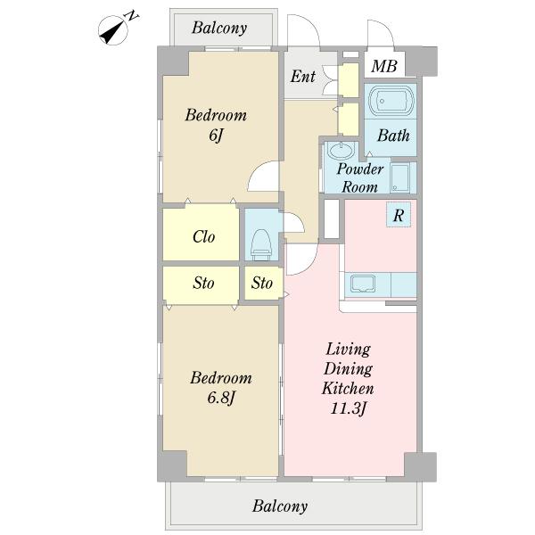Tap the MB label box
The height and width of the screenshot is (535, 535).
(384, 64)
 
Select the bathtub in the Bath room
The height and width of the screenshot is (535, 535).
(390, 102)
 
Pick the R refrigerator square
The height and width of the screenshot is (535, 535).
(399, 215)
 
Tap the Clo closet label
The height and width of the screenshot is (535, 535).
(203, 236)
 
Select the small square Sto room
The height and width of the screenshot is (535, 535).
(263, 283)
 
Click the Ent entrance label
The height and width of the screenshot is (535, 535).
(303, 76)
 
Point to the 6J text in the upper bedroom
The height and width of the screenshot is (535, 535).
(216, 136)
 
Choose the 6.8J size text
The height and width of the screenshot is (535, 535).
(221, 398)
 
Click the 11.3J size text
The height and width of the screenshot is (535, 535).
(348, 408)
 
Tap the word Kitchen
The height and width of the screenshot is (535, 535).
(348, 388)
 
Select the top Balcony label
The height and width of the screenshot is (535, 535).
(219, 28)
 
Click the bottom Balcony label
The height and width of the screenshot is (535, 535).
(280, 506)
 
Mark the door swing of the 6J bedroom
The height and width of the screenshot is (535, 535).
(263, 176)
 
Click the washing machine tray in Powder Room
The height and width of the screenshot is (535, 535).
(399, 177)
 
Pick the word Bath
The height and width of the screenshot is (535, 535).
(393, 136)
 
